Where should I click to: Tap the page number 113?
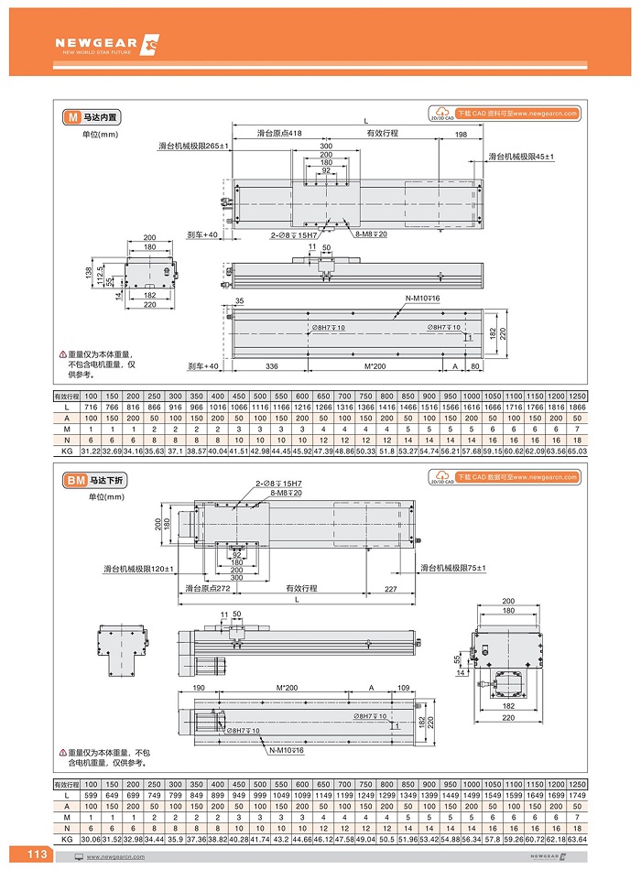pyautogui.click(x=37, y=854)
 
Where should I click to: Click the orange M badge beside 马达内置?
pyautogui.click(x=71, y=117)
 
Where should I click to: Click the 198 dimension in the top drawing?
pyautogui.click(x=461, y=134)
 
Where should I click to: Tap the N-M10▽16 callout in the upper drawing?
pyautogui.click(x=423, y=299)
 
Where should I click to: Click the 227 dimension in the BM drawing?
pyautogui.click(x=391, y=588)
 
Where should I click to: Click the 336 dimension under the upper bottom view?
pyautogui.click(x=271, y=366)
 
